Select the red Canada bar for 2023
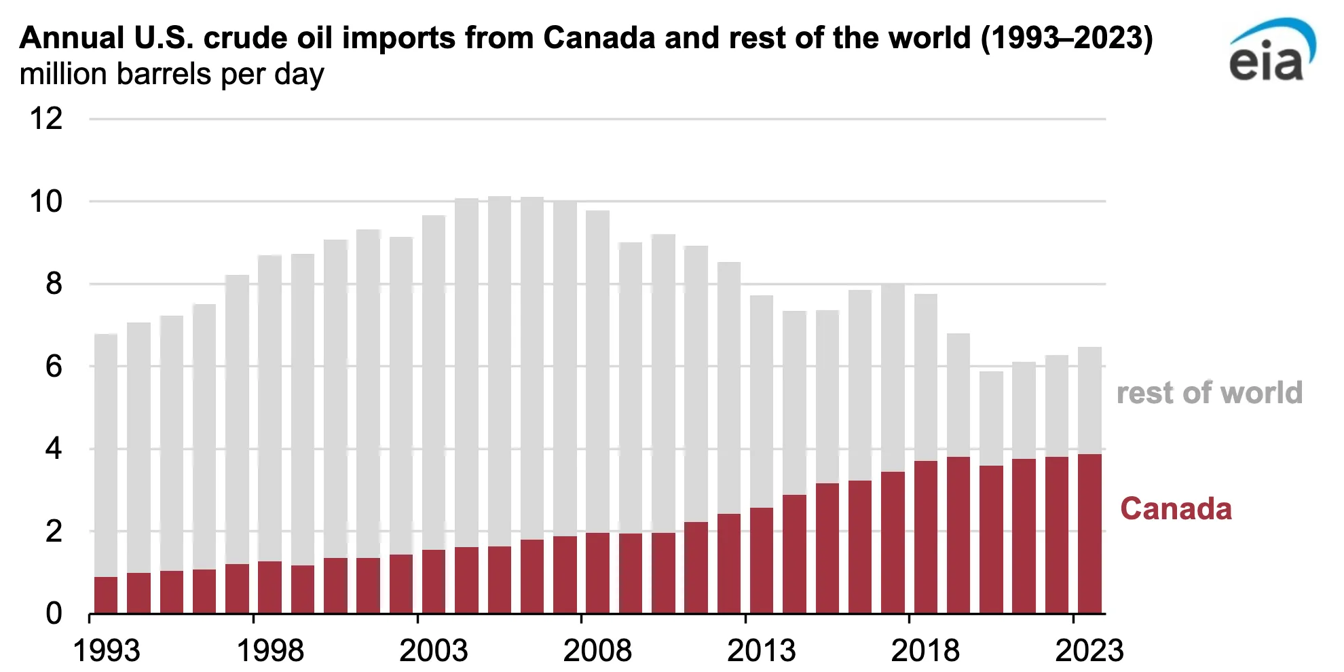coord(1089,534)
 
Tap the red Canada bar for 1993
coord(106,595)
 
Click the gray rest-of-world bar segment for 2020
coord(991,418)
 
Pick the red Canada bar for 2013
coord(762,561)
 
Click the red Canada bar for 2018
coord(925,537)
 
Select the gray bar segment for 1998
coord(269,408)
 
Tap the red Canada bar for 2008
coord(597,573)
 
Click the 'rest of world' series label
coord(1209,393)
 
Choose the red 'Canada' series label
coord(1176,509)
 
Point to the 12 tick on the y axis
coord(46,119)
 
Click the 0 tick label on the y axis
coord(54,614)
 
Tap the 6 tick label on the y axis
coord(54,367)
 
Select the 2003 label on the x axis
coord(434,650)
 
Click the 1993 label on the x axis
coord(106,650)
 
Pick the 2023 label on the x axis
coord(1089,650)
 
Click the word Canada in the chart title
coord(599,38)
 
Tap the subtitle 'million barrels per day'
coord(172,74)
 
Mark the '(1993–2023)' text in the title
coord(1066,38)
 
